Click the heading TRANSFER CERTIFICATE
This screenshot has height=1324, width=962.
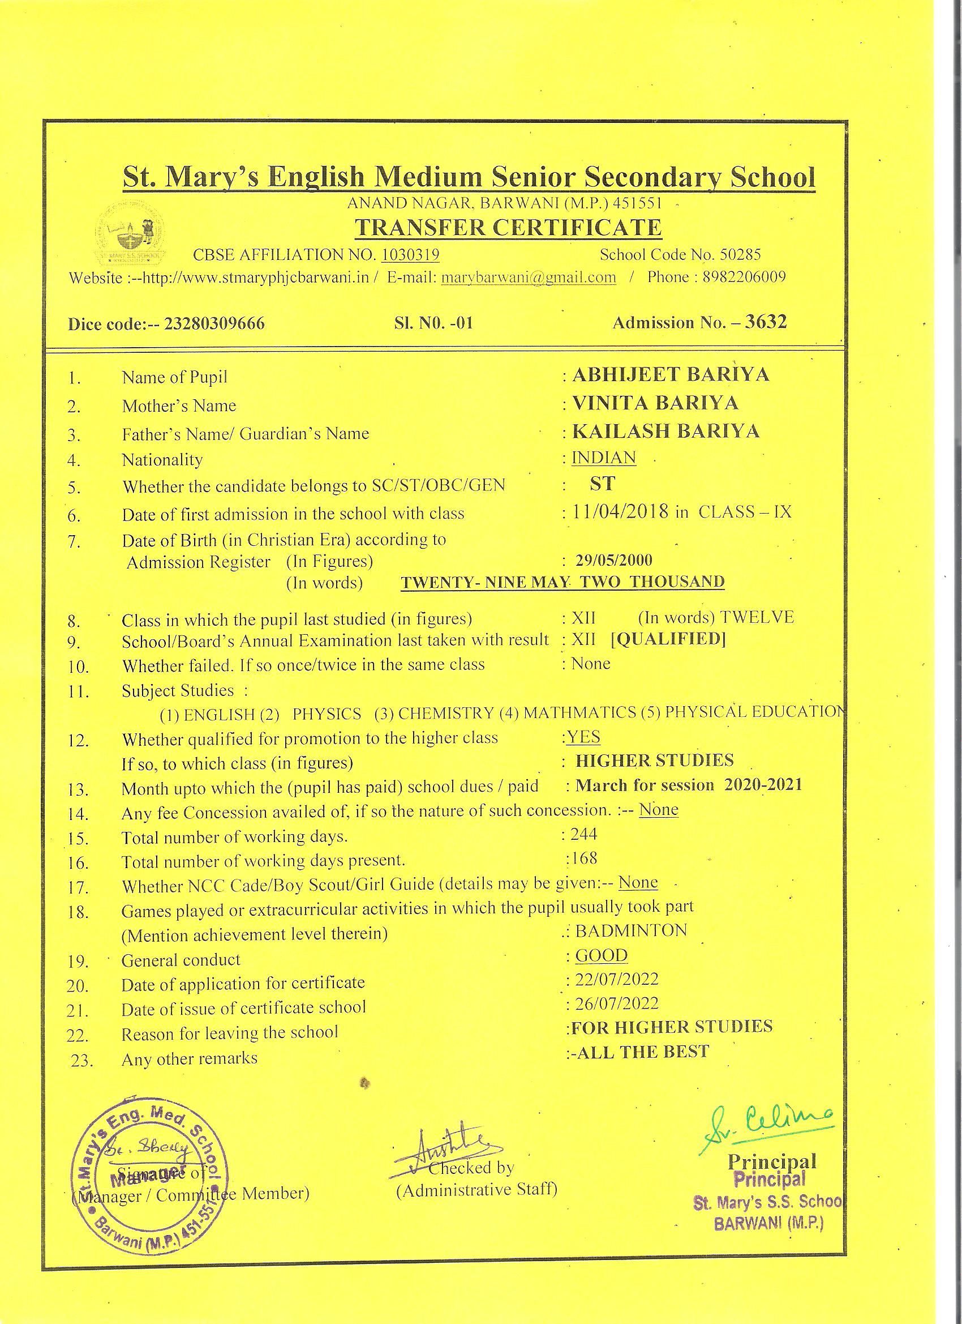[508, 227]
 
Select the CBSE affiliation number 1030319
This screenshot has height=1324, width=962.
[410, 254]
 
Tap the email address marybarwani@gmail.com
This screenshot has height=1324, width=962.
[529, 277]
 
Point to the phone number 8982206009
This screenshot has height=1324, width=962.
[744, 276]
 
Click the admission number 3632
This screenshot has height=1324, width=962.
[766, 322]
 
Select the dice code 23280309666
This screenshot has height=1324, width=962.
[214, 323]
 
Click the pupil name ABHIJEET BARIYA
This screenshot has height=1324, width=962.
[671, 374]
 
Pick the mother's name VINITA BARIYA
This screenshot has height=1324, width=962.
[655, 403]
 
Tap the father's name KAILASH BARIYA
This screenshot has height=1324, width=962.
[665, 432]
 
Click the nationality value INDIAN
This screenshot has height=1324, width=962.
[603, 457]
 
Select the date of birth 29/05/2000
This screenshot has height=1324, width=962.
[614, 561]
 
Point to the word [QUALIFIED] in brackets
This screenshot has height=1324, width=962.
[668, 639]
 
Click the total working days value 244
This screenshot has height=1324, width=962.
[584, 834]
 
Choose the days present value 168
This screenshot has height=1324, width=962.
[585, 858]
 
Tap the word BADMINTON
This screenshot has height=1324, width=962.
[631, 930]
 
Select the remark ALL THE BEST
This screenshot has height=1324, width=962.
[641, 1052]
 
